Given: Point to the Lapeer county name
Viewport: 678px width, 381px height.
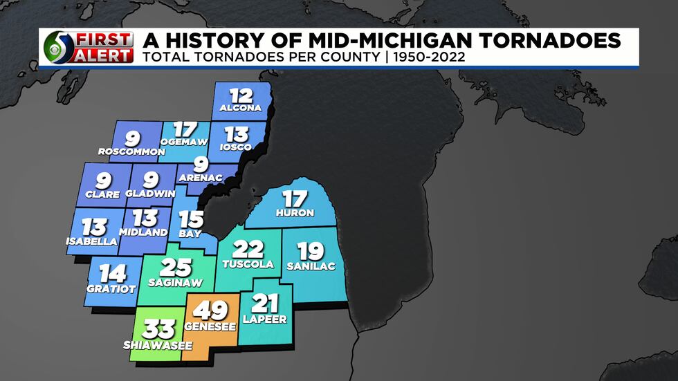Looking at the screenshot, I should (x=265, y=319).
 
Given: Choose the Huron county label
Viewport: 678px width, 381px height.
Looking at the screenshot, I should (x=295, y=212).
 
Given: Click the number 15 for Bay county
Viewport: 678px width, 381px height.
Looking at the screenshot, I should (x=191, y=220).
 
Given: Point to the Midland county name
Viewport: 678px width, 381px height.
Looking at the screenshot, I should (x=143, y=232).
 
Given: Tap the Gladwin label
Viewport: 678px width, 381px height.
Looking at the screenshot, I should (x=150, y=194).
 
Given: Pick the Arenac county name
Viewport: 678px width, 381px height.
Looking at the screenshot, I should (x=201, y=178).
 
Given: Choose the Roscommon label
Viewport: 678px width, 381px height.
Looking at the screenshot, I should (x=132, y=151).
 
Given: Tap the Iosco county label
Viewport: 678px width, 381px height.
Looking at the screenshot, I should (x=235, y=147).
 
